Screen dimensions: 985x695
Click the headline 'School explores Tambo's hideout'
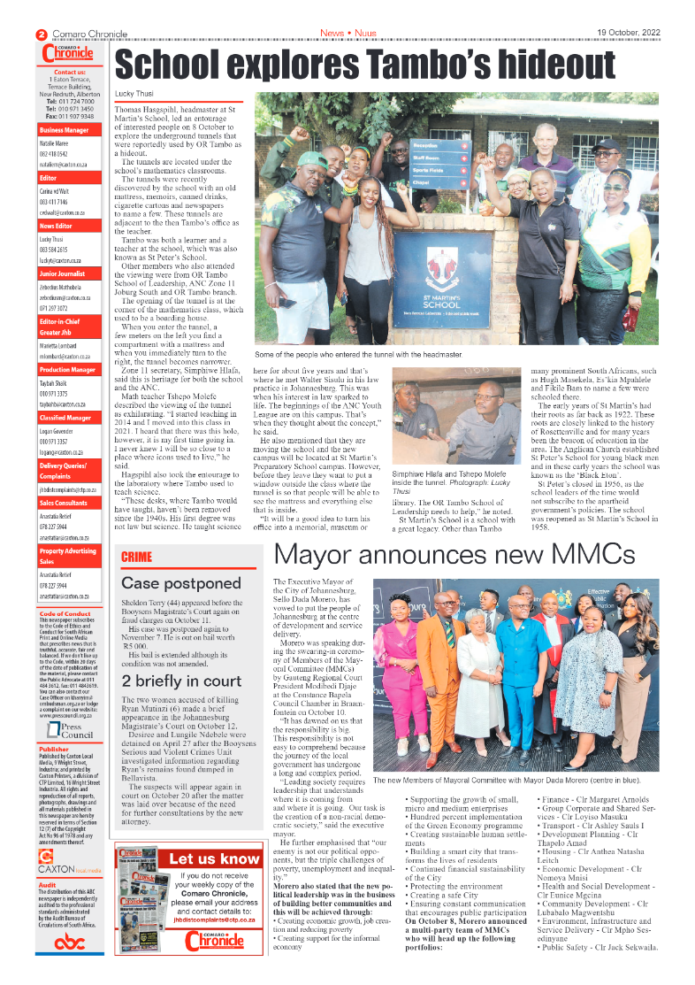[x=354, y=66]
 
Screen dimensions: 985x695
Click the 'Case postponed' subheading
[x=180, y=583]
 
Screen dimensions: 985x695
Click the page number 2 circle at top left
[x=41, y=34]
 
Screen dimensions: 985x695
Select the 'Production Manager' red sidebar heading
[x=69, y=369]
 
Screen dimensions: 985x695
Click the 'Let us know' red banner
[x=215, y=858]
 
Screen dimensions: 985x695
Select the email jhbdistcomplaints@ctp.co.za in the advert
[x=215, y=919]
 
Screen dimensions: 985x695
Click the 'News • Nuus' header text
[x=347, y=33]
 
